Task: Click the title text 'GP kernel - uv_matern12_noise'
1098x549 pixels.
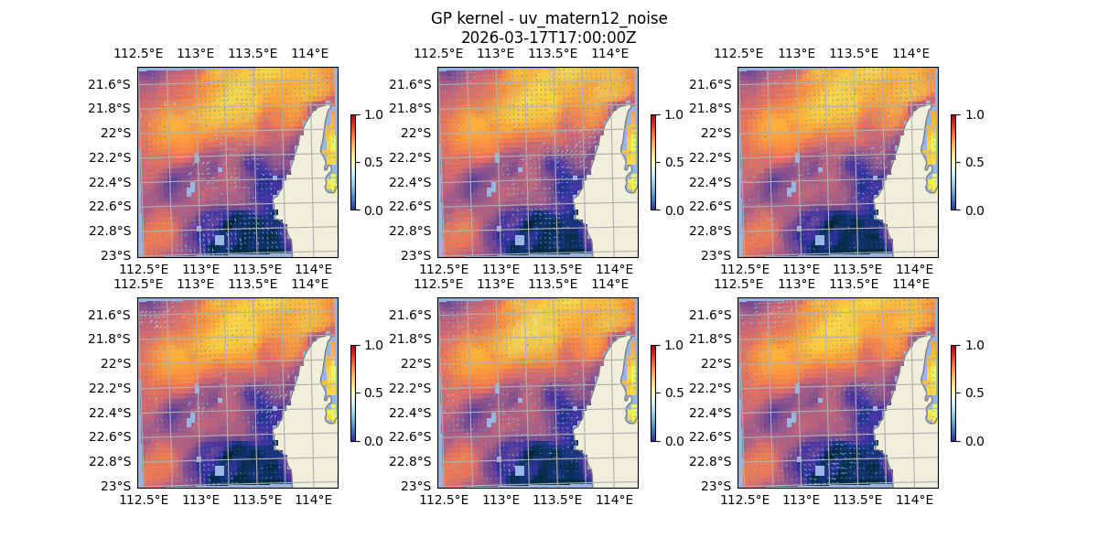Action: pyautogui.click(x=549, y=18)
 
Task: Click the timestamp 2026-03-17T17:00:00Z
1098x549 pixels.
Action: pyautogui.click(x=549, y=38)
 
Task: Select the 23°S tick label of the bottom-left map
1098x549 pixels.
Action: pyautogui.click(x=118, y=485)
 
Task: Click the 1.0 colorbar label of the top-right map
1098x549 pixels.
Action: pyautogui.click(x=974, y=114)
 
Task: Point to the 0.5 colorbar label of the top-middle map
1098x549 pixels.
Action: pyautogui.click(x=674, y=162)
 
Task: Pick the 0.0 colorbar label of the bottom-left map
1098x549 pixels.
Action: pyautogui.click(x=374, y=440)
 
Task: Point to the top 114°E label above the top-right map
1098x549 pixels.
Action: pyautogui.click(x=910, y=54)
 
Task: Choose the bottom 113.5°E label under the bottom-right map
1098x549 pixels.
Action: pyautogui.click(x=857, y=500)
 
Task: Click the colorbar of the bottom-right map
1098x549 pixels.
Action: pyautogui.click(x=954, y=393)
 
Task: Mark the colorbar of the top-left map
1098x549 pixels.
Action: pyautogui.click(x=354, y=162)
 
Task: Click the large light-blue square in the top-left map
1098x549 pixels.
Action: pyautogui.click(x=220, y=240)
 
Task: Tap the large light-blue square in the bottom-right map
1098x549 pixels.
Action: pyautogui.click(x=820, y=470)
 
